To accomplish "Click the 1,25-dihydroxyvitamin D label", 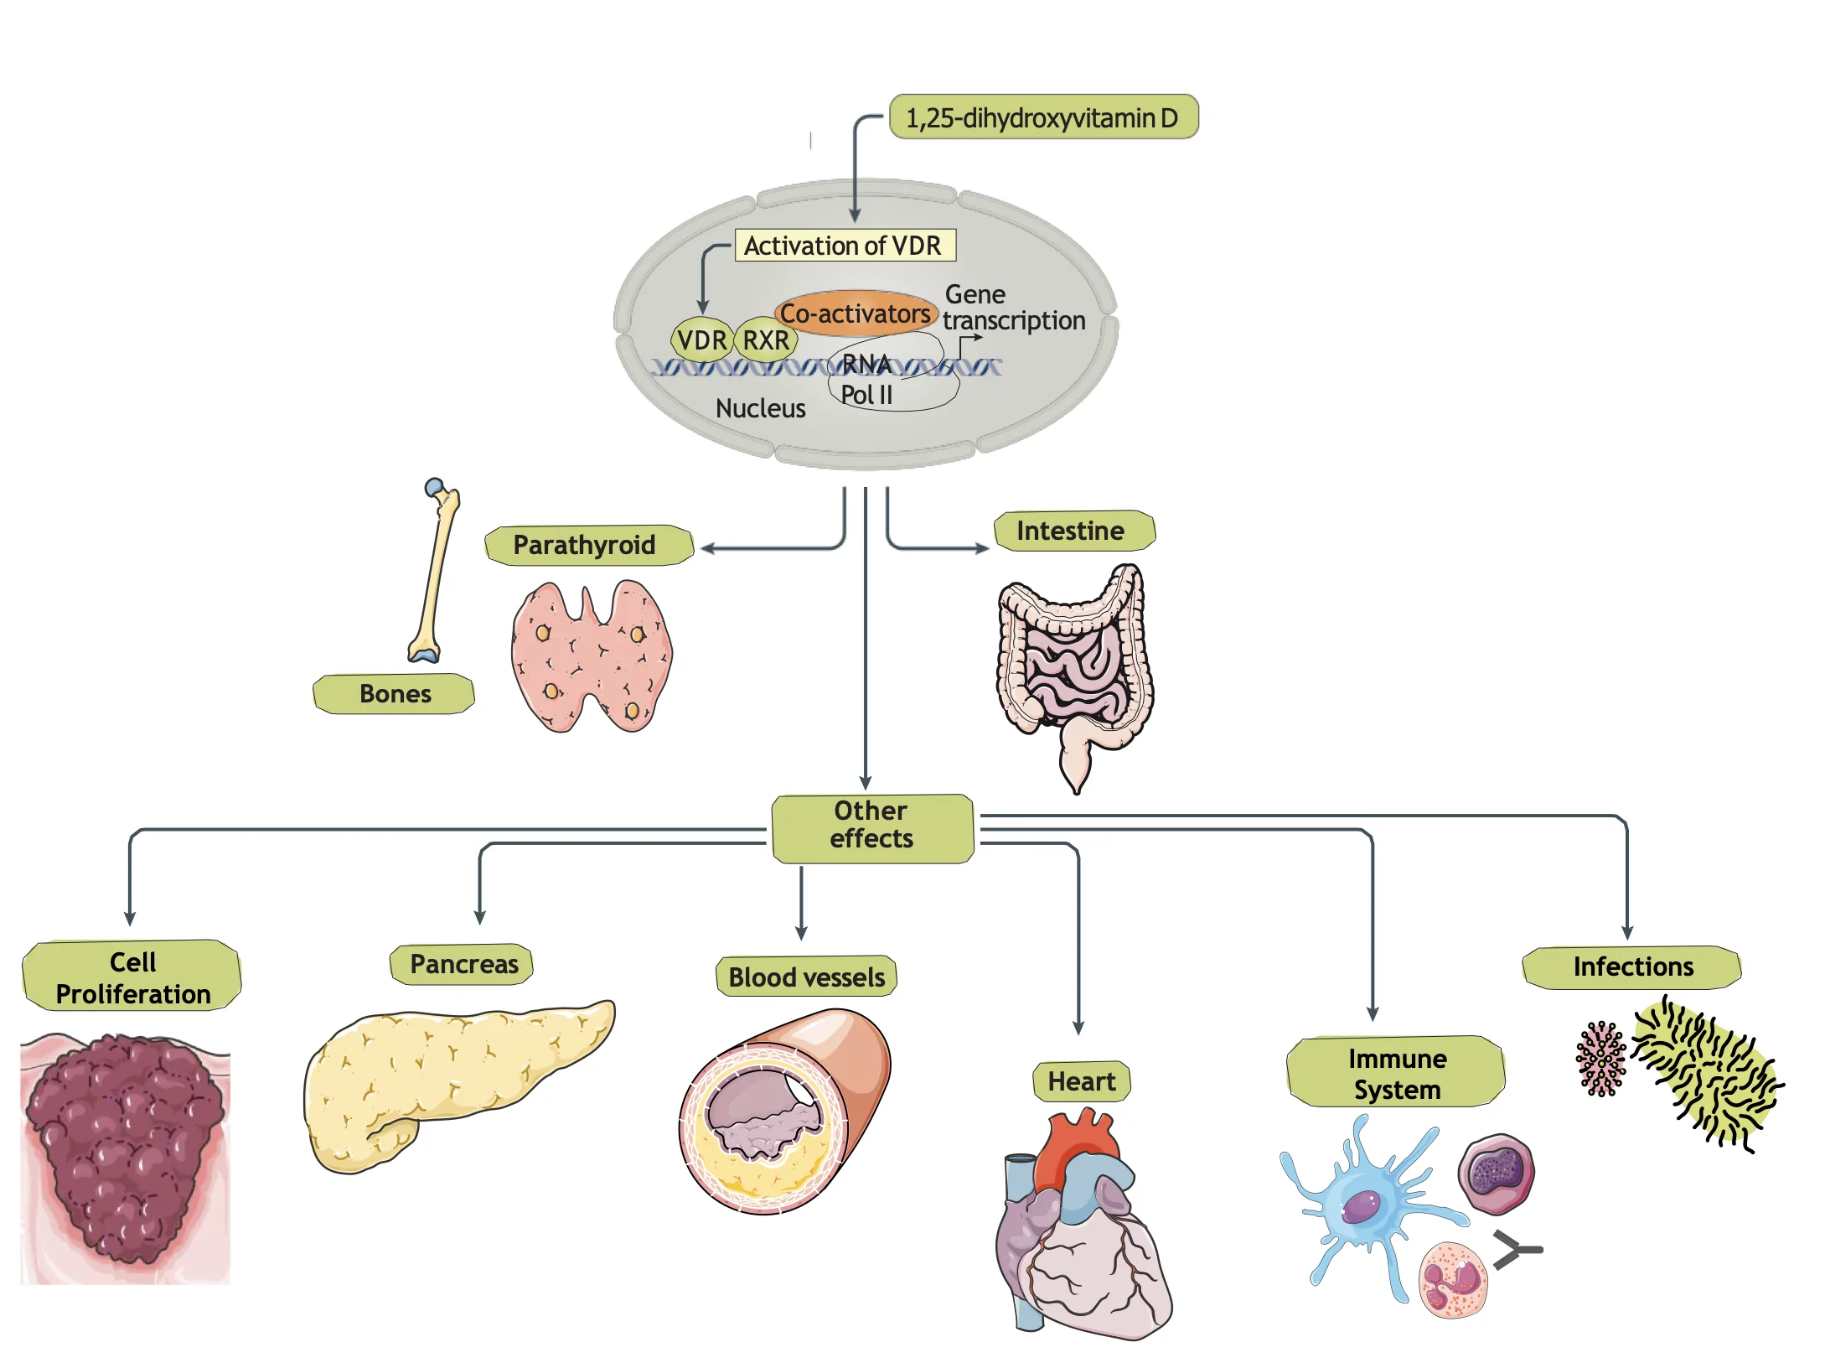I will (x=1042, y=117).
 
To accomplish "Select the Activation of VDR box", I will (x=844, y=246).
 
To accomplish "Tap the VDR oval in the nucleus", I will (x=701, y=340).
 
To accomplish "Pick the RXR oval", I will (x=766, y=340).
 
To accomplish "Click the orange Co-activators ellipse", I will (x=855, y=313).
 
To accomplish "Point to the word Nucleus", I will (x=760, y=408).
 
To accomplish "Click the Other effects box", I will (x=871, y=826).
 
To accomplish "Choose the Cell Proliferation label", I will (x=132, y=977).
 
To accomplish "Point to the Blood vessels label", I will (x=806, y=977).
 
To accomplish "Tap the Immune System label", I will (x=1396, y=1073).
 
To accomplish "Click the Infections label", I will (x=1632, y=966).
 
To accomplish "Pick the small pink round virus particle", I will (x=1600, y=1059).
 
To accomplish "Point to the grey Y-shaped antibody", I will (x=1515, y=1249).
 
